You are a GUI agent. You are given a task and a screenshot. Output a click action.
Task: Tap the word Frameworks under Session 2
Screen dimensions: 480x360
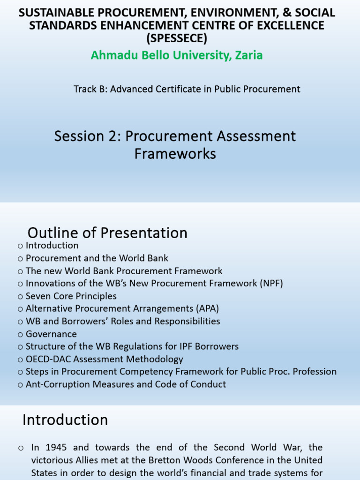[x=175, y=154]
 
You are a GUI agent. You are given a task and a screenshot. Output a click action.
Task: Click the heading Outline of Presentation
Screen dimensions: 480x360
[x=107, y=233]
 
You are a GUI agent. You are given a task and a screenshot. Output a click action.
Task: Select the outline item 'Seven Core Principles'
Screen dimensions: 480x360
[x=71, y=296]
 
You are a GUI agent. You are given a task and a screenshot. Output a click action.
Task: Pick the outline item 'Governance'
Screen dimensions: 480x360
[x=51, y=334]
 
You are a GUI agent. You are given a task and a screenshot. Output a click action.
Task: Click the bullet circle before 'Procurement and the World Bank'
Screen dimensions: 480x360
[x=20, y=259]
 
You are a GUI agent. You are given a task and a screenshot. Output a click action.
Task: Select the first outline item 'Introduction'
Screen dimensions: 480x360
[x=52, y=246]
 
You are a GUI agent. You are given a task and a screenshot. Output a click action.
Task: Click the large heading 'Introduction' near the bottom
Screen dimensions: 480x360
[x=65, y=420]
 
